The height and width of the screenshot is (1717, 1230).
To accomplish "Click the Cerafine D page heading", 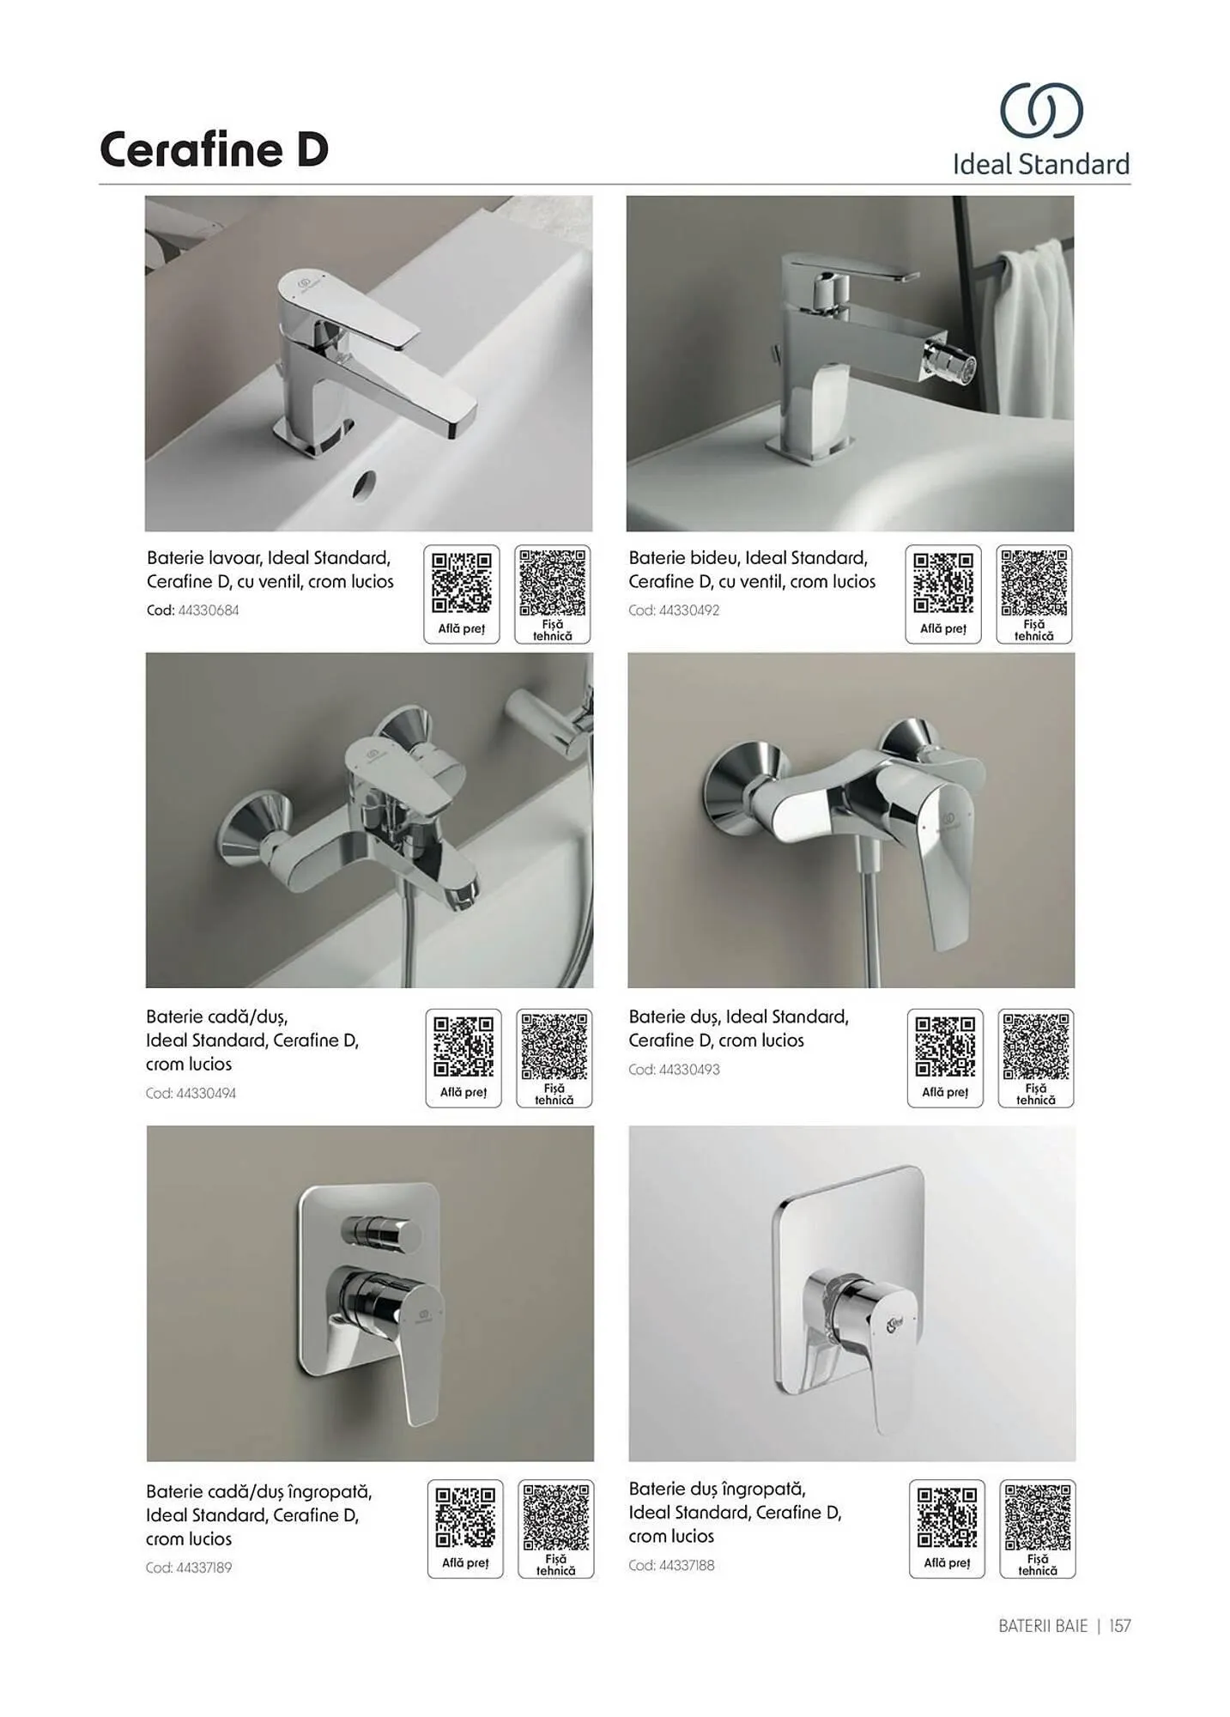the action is (x=214, y=149).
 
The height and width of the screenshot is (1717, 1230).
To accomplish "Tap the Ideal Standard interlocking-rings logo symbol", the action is (x=1041, y=110).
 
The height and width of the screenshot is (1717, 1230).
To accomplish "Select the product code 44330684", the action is (x=209, y=610).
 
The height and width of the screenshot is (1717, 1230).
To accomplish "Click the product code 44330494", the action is (x=206, y=1093).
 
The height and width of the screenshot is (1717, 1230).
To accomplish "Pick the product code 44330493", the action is (x=689, y=1070).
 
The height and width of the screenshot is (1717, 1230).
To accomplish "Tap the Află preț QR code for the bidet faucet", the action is (x=943, y=583).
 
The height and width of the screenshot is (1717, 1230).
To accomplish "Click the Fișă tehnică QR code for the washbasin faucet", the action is (x=553, y=583).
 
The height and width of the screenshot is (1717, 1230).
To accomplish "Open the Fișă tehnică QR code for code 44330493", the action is (x=1036, y=1047).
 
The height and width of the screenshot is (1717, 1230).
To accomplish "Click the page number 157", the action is (x=1120, y=1626).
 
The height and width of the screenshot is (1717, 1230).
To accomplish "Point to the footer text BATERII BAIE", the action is (x=1043, y=1626).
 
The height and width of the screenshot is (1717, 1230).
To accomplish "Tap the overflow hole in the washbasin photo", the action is (x=367, y=483).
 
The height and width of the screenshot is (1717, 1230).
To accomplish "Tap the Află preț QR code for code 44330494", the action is (x=464, y=1047).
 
